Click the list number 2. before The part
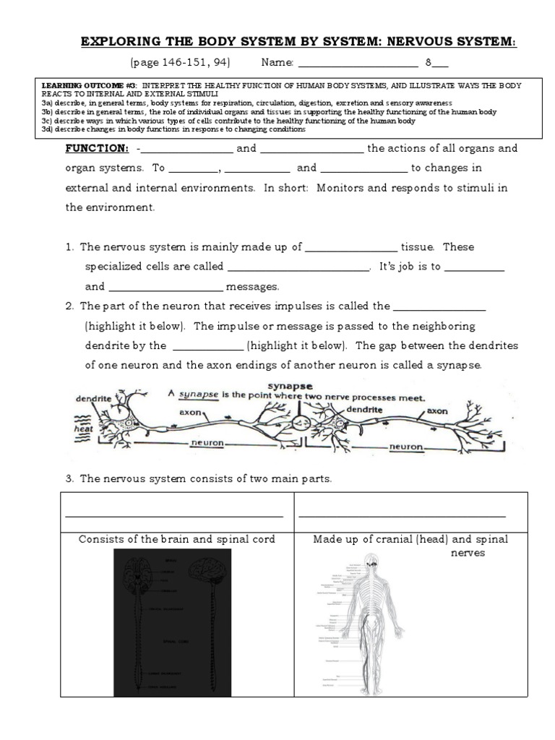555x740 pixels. (70, 306)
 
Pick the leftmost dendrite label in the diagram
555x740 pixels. (93, 398)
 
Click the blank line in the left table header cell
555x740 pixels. (173, 516)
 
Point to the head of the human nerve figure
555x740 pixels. (371, 560)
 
